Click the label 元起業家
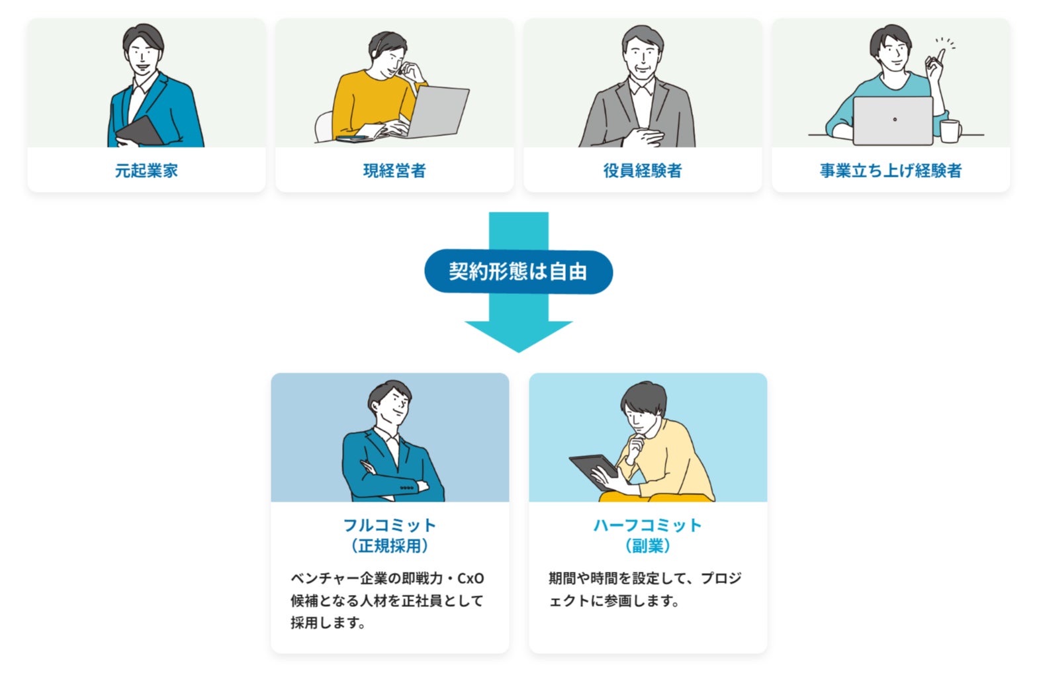coord(146,171)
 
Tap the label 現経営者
coord(394,171)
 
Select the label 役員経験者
coord(642,171)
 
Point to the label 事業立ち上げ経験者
coord(890,171)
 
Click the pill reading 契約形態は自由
coord(518,271)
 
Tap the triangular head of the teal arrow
coord(518,334)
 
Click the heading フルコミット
coord(390,525)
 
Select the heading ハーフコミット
coord(647,525)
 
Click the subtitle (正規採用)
coord(390,546)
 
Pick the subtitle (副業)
coord(647,546)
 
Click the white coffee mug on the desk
coord(950,131)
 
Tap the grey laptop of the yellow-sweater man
coord(437,111)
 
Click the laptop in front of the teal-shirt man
coord(893,120)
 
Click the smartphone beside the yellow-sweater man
coord(352,139)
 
